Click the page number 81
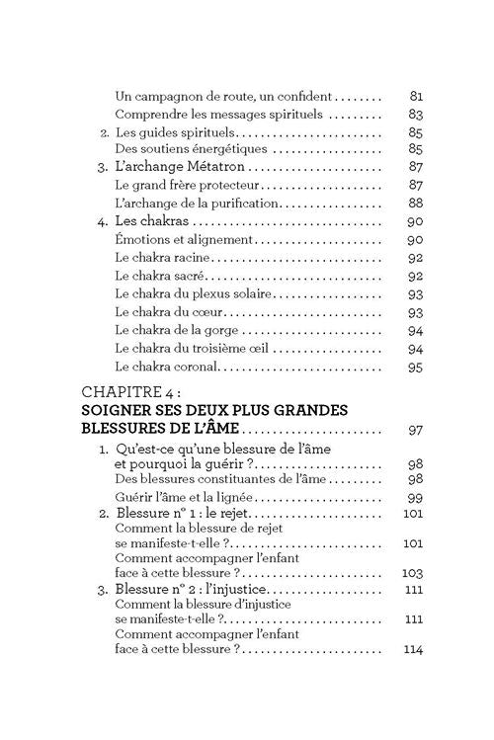coord(415,98)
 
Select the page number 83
coord(415,116)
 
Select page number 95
coord(415,367)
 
